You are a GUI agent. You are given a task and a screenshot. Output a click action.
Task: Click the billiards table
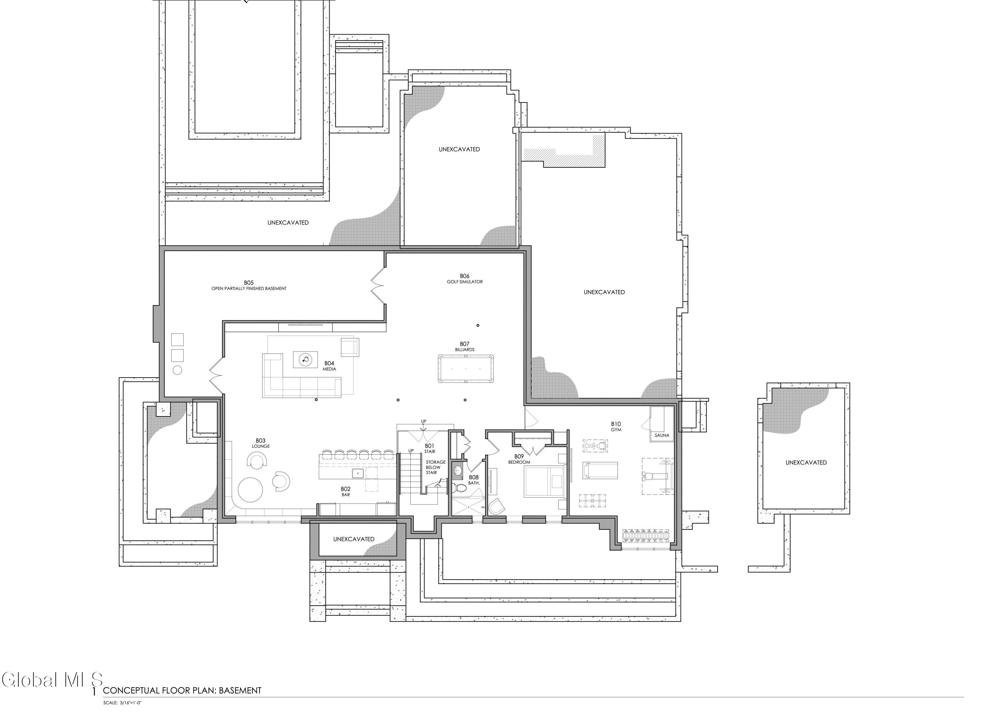pyautogui.click(x=466, y=369)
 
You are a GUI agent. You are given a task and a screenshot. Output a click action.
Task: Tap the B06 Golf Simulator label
pyautogui.click(x=465, y=279)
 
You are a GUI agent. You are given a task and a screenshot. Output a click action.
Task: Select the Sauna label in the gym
pyautogui.click(x=662, y=435)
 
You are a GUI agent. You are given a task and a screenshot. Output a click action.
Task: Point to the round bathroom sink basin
pyautogui.click(x=458, y=470)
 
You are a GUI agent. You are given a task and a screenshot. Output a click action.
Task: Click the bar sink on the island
pyautogui.click(x=358, y=473)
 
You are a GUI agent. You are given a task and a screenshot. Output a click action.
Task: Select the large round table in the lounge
pyautogui.click(x=250, y=490)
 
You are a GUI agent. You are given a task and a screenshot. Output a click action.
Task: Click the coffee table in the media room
pyautogui.click(x=305, y=359)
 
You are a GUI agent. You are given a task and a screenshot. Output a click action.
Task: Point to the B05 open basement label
pyautogui.click(x=249, y=285)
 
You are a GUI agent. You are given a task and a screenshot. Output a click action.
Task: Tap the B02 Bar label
pyautogui.click(x=345, y=492)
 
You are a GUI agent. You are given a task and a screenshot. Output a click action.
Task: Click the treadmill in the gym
pyautogui.click(x=600, y=470)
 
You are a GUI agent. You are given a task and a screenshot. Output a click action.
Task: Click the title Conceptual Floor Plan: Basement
pyautogui.click(x=182, y=690)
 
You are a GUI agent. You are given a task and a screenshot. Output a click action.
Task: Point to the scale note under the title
pyautogui.click(x=123, y=703)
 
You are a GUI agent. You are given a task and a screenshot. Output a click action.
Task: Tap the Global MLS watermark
pyautogui.click(x=52, y=680)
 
